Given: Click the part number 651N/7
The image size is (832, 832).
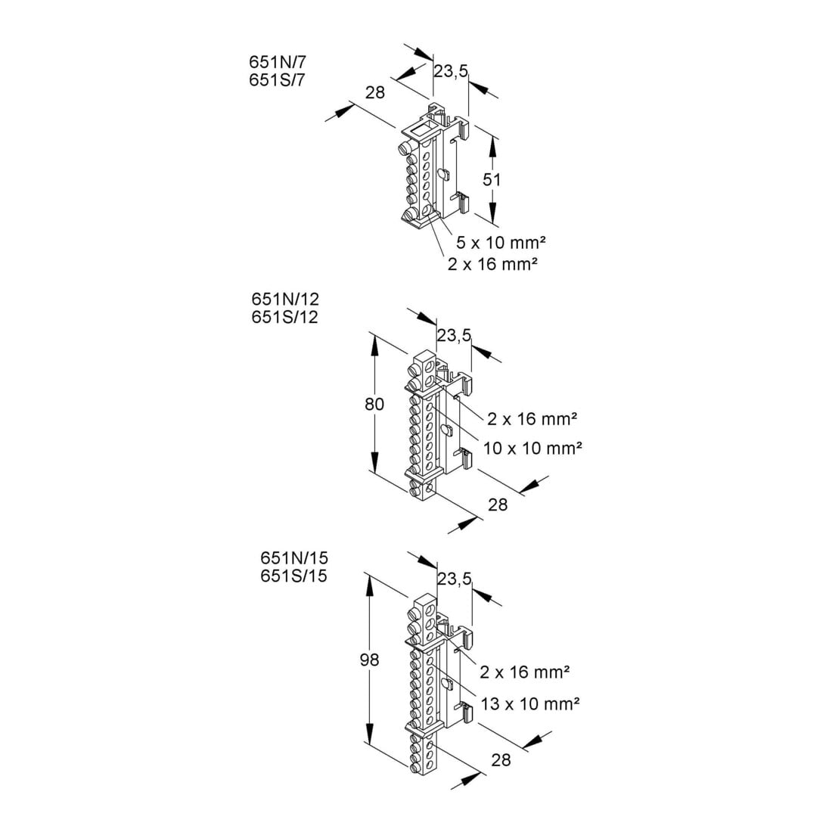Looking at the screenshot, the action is click(x=278, y=62).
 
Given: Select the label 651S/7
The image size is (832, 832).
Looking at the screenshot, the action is click(x=278, y=80).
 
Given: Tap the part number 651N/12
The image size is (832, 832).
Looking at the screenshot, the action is click(x=285, y=300).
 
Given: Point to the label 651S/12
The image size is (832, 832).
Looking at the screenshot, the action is click(x=285, y=318).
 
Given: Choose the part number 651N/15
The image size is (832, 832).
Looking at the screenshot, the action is click(x=294, y=557).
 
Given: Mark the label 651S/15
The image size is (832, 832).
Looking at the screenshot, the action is click(x=294, y=576).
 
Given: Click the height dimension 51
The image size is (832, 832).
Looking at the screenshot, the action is click(x=492, y=180).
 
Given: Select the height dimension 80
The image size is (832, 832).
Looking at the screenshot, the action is click(x=374, y=405).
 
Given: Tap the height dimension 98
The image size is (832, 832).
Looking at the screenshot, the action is click(x=369, y=660).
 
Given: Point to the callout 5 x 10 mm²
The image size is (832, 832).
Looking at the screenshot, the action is click(x=501, y=243).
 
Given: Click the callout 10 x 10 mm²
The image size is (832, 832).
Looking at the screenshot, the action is click(x=532, y=449).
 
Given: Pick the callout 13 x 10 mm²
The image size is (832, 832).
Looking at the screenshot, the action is click(x=530, y=704).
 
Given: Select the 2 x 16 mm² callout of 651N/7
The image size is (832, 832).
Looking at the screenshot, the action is click(x=492, y=264).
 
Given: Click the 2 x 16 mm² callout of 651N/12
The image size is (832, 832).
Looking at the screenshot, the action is click(x=532, y=419).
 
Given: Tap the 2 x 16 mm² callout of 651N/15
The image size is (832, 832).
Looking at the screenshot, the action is click(x=525, y=672).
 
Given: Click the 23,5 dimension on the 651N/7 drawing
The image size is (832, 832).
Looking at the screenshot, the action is click(x=451, y=71).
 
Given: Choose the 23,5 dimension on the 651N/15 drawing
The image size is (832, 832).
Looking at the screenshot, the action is click(x=455, y=579).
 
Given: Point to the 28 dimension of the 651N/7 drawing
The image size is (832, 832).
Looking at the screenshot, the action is click(x=375, y=92).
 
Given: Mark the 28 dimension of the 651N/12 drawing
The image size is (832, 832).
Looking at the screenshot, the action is click(x=498, y=504).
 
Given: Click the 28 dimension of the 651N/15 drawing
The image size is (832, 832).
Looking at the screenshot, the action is click(x=501, y=760).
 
